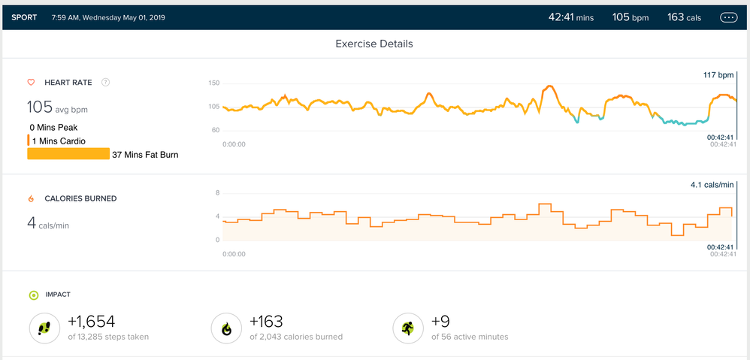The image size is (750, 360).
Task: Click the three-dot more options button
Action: point(728,17)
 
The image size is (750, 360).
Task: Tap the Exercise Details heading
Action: point(374,44)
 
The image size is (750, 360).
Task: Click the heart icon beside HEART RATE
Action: point(32,82)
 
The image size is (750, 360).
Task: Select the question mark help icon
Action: point(105,82)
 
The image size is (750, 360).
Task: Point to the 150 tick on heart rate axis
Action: point(213,83)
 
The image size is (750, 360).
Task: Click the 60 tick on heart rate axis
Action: point(215,130)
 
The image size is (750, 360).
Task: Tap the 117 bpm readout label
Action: point(718,75)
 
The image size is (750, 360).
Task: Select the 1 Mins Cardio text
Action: point(59,141)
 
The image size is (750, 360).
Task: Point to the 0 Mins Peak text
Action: point(53,128)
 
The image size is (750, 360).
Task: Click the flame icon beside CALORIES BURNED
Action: point(32,198)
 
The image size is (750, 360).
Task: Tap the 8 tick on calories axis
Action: point(217,193)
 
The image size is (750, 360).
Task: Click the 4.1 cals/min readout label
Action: point(712,184)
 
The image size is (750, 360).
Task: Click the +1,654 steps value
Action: point(92,322)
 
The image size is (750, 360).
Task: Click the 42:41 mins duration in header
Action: point(570,17)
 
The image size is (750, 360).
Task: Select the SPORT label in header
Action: point(25,17)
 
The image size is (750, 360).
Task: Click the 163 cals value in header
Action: point(684,17)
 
